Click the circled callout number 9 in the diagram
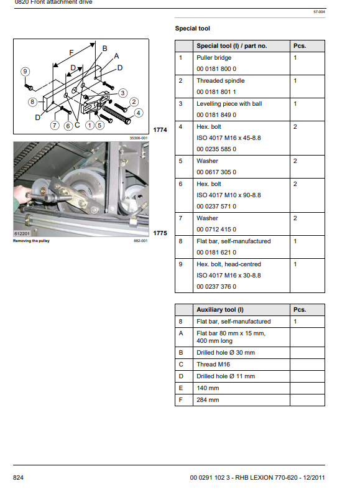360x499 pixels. (x=25, y=72)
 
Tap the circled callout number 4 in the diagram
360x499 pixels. (x=138, y=113)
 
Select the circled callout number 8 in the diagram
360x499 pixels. (x=32, y=102)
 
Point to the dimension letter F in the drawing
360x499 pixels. (x=72, y=52)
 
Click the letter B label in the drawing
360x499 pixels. (x=104, y=49)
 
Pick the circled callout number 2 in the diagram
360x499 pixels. (x=134, y=102)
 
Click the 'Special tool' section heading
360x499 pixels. (x=192, y=29)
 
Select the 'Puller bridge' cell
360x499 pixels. (x=214, y=58)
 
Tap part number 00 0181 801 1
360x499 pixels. (x=216, y=92)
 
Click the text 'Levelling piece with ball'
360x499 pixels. (x=229, y=104)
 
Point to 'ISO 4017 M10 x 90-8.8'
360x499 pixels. (x=228, y=195)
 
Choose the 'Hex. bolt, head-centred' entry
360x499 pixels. (x=229, y=264)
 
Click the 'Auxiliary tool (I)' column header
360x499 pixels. (x=219, y=310)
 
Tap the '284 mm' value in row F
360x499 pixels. (x=208, y=399)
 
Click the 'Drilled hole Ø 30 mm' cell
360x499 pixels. (x=226, y=353)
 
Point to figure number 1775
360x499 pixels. (x=160, y=233)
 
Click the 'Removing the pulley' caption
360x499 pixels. (x=31, y=241)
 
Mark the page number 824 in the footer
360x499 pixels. (x=18, y=477)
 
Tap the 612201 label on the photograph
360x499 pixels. (x=22, y=233)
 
